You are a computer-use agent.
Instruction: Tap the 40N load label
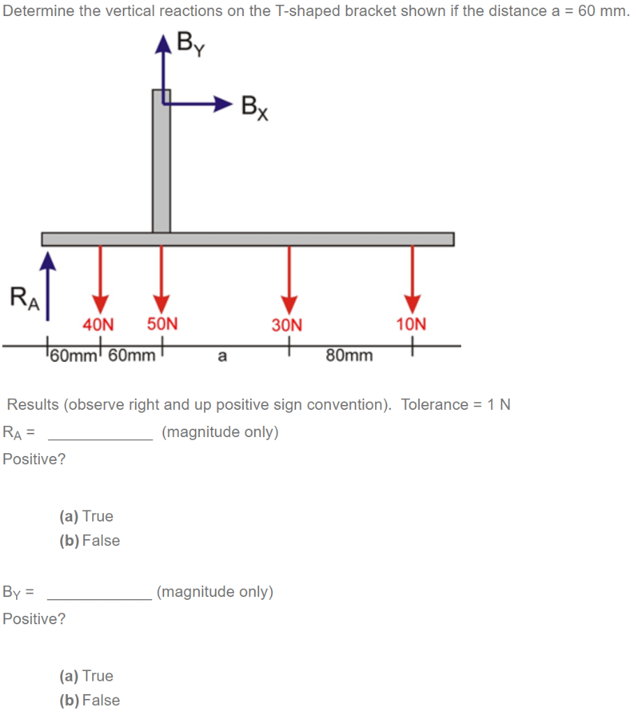point(98,325)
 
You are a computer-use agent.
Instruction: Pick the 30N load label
point(287,325)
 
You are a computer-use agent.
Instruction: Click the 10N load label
point(411,325)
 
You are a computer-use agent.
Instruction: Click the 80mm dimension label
point(349,356)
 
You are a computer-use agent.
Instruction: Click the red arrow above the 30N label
point(288,279)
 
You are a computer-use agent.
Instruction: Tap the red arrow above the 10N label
point(412,279)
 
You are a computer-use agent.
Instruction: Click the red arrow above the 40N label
point(101,279)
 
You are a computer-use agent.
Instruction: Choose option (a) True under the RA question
point(87,517)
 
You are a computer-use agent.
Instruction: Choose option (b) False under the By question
point(89,700)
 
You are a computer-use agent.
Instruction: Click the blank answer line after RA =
point(100,437)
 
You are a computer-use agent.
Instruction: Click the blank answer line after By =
point(98,597)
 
